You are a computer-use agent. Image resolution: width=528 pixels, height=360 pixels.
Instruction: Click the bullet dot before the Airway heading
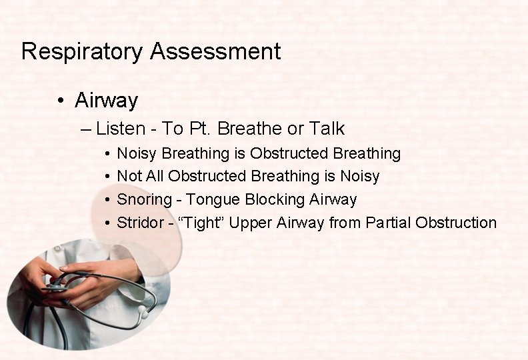(61, 101)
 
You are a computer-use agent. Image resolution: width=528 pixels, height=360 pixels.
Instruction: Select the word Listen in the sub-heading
(117, 128)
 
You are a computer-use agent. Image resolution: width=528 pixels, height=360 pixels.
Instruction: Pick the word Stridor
(140, 223)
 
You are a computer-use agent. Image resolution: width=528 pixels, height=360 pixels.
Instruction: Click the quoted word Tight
(201, 223)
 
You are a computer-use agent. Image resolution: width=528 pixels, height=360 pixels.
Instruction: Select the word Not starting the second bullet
(129, 177)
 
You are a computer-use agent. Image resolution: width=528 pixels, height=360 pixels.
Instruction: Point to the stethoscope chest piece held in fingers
(56, 288)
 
